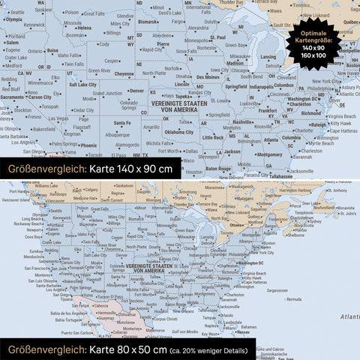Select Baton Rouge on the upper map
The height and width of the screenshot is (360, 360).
coord(219,169)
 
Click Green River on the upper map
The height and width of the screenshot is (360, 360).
coord(99,70)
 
